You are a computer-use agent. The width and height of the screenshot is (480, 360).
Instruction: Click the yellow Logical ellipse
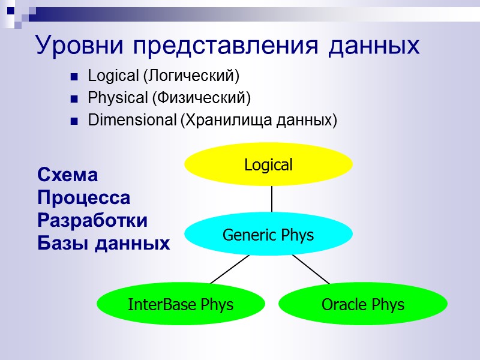pyautogui.click(x=268, y=164)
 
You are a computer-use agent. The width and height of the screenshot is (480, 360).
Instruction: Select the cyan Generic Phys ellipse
pyautogui.click(x=268, y=235)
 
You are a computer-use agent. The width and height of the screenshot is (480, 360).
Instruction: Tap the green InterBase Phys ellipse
pyautogui.click(x=181, y=304)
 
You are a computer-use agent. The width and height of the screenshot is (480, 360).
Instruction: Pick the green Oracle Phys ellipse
pyautogui.click(x=362, y=304)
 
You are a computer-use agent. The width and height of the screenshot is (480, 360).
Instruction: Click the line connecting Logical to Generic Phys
pyautogui.click(x=272, y=199)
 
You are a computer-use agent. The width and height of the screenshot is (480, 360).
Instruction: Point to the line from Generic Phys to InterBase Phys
pyautogui.click(x=230, y=268)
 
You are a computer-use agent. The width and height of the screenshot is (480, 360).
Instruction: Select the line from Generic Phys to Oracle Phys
pyautogui.click(x=311, y=268)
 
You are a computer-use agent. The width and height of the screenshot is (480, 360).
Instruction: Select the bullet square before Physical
pyautogui.click(x=74, y=98)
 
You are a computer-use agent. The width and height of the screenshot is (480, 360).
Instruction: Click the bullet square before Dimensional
pyautogui.click(x=74, y=121)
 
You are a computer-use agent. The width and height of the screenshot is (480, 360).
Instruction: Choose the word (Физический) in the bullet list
pyautogui.click(x=201, y=98)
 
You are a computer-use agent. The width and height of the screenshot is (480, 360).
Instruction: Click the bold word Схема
pyautogui.click(x=67, y=175)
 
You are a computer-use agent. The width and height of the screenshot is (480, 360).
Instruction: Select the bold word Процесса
pyautogui.click(x=83, y=197)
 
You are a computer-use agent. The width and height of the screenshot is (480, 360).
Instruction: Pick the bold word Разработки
pyautogui.click(x=92, y=220)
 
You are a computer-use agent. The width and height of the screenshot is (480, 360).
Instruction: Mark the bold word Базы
pyautogui.click(x=63, y=243)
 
